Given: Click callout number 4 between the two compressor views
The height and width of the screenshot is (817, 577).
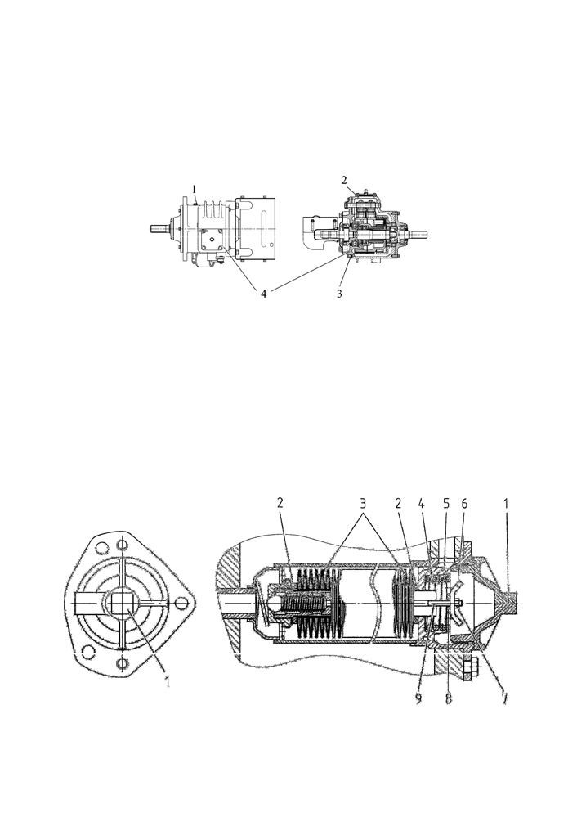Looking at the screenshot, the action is pyautogui.click(x=264, y=294).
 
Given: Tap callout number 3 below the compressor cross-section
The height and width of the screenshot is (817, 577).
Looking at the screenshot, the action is pyautogui.click(x=339, y=294).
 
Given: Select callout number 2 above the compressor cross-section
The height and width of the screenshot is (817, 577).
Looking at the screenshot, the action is pyautogui.click(x=344, y=181).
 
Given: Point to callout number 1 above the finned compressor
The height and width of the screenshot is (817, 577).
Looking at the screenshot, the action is pyautogui.click(x=195, y=188).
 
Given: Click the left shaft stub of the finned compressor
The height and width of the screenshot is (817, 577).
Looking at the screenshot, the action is pyautogui.click(x=162, y=227).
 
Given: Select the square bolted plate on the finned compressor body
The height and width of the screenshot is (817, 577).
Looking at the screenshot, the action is pyautogui.click(x=212, y=239).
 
